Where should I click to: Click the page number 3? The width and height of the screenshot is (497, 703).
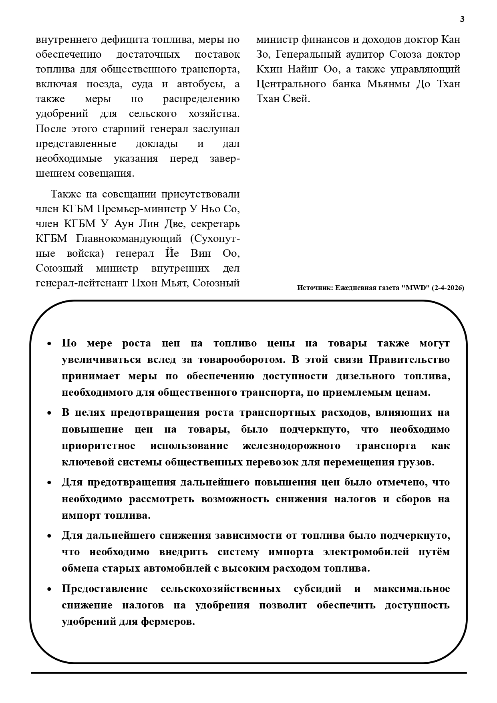(x=462, y=19)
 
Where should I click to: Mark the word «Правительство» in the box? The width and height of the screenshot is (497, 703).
(x=409, y=360)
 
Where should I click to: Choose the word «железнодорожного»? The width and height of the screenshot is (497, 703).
(x=291, y=445)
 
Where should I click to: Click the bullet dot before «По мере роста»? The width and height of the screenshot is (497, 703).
(x=49, y=344)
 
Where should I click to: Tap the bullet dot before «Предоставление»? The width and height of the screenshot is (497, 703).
(x=49, y=589)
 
